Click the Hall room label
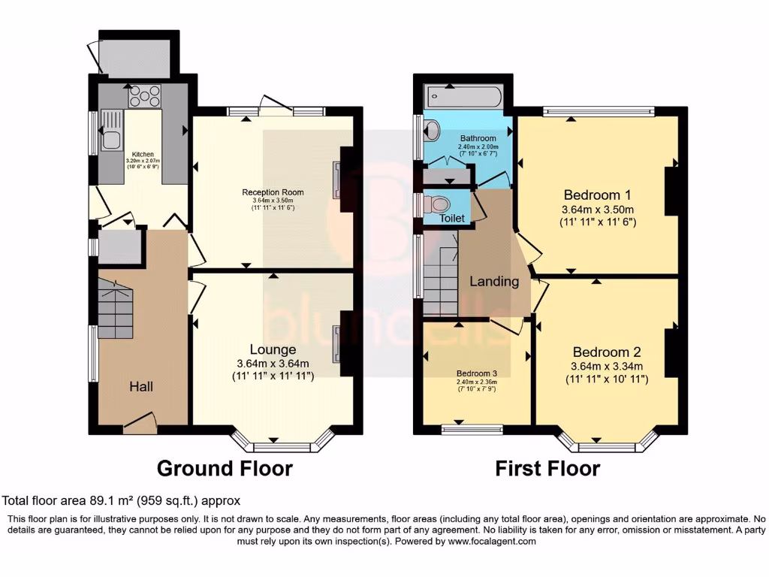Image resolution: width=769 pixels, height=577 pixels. pos(141,386)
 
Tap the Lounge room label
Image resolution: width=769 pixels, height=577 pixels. pos(273,349)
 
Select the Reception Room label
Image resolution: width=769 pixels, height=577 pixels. pos(273,192)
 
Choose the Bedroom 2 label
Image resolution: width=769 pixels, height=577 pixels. pos(606,352)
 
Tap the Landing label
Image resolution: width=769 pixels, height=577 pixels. pos(494,282)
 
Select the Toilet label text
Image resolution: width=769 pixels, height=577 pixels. pos(452,219)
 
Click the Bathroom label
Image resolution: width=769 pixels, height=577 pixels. pos(478,139)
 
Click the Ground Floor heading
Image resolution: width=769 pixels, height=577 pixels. pos(225,469)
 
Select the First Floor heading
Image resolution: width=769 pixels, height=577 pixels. pos(547,469)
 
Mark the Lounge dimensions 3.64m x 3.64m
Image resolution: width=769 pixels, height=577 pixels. pos(273,364)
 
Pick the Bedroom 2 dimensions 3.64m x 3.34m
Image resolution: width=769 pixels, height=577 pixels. pos(606,367)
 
